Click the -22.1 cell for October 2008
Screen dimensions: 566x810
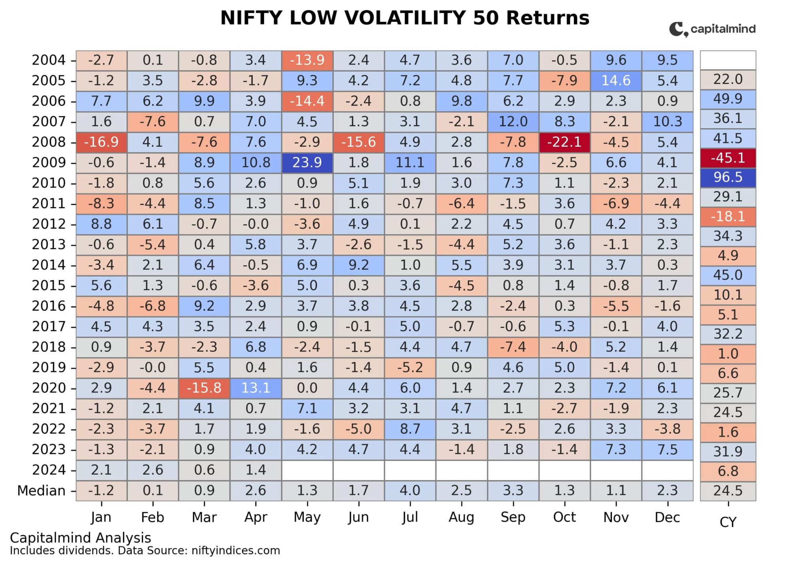pyautogui.click(x=564, y=142)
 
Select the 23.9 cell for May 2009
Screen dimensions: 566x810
pyautogui.click(x=307, y=163)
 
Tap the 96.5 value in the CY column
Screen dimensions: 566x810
pyautogui.click(x=727, y=177)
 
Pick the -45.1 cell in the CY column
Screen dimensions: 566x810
pyautogui.click(x=727, y=158)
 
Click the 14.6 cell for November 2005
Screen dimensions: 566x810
pyautogui.click(x=615, y=81)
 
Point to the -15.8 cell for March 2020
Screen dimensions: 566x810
pyautogui.click(x=204, y=388)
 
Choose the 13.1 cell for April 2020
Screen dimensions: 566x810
pyautogui.click(x=255, y=388)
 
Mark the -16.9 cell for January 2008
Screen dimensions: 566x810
pyautogui.click(x=101, y=142)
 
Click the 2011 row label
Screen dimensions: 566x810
pyautogui.click(x=48, y=204)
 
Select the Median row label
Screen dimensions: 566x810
pyautogui.click(x=41, y=490)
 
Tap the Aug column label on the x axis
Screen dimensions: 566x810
pyautogui.click(x=461, y=517)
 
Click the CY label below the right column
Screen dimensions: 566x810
pyautogui.click(x=727, y=522)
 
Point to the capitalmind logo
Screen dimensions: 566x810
pyautogui.click(x=712, y=29)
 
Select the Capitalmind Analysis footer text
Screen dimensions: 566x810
pyautogui.click(x=80, y=538)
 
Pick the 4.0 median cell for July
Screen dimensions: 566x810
pyautogui.click(x=410, y=490)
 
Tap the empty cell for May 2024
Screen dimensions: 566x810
pyautogui.click(x=307, y=470)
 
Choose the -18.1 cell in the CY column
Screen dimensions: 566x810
pyautogui.click(x=727, y=216)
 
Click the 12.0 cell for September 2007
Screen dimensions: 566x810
pyautogui.click(x=513, y=121)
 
